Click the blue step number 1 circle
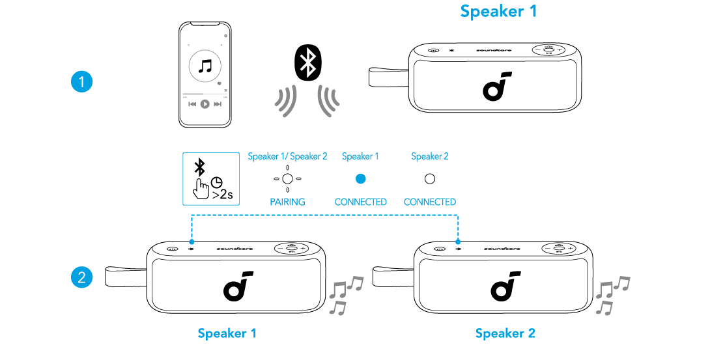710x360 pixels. click(x=81, y=82)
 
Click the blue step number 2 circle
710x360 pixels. click(x=81, y=277)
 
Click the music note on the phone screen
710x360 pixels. click(x=205, y=66)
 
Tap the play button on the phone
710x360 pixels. click(x=205, y=104)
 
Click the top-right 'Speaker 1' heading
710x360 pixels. click(x=498, y=11)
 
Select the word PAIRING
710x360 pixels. click(x=287, y=202)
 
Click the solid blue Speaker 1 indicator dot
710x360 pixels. click(x=360, y=178)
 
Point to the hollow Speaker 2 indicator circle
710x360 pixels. click(x=429, y=178)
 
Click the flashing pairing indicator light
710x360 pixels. click(x=287, y=178)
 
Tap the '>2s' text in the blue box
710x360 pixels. click(x=223, y=194)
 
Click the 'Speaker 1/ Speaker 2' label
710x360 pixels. click(x=287, y=156)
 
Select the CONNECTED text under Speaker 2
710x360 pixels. click(x=429, y=202)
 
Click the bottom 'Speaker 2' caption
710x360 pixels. click(x=505, y=333)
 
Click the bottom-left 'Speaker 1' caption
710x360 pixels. click(x=227, y=333)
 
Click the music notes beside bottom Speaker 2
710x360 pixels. click(x=612, y=295)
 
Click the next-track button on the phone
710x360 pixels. click(x=218, y=104)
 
